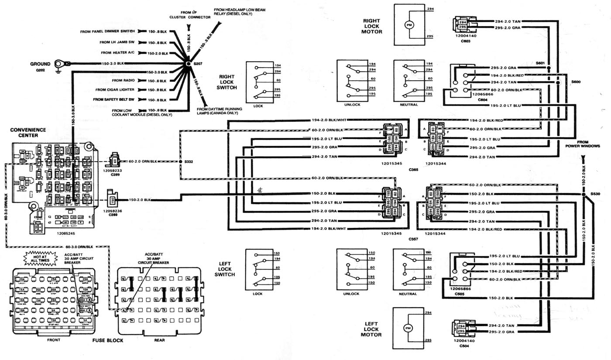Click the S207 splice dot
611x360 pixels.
[188, 64]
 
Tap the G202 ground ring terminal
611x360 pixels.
[59, 64]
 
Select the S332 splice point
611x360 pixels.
[180, 161]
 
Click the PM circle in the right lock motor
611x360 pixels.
[409, 25]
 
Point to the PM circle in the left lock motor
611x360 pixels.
[408, 327]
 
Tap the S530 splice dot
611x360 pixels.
[583, 194]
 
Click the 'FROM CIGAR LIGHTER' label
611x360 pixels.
[117, 89]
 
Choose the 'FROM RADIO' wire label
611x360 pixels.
[123, 80]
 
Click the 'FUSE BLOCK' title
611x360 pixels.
[108, 340]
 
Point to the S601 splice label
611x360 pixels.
[541, 64]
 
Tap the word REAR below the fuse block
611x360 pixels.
[159, 340]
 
